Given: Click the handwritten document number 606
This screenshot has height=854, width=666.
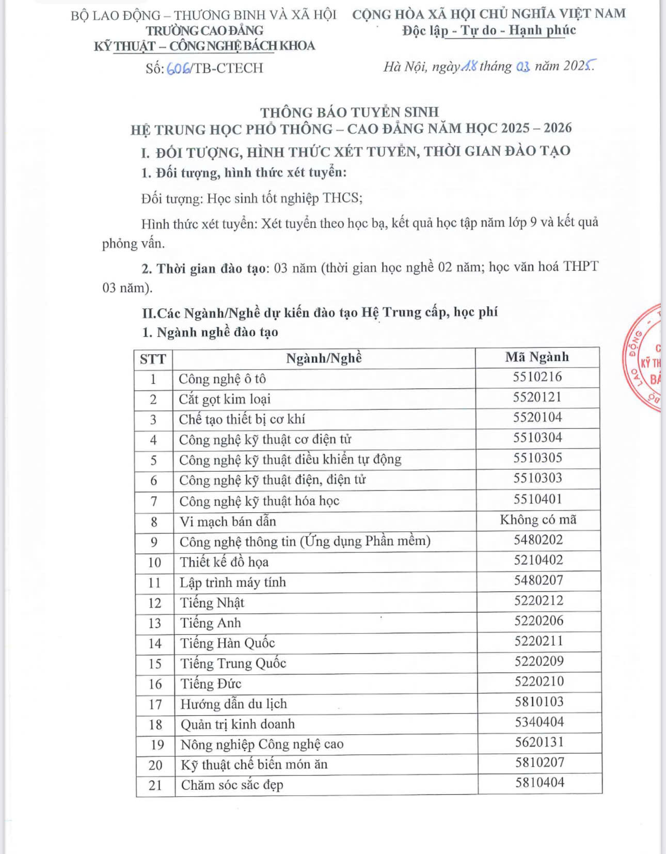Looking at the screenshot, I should click(x=178, y=69).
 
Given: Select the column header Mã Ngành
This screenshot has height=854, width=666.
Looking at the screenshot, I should click(x=537, y=357).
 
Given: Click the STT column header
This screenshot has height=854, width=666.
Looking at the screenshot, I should click(x=153, y=359).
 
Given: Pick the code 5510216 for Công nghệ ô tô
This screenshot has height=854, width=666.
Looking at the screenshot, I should click(x=537, y=377).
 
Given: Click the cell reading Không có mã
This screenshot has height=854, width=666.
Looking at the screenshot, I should click(x=538, y=520).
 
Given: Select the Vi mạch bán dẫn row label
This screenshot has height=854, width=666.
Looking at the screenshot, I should click(x=228, y=521).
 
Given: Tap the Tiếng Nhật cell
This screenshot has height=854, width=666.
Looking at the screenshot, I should click(x=212, y=603).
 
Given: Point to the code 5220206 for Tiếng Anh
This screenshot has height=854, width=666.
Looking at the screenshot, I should click(x=538, y=621).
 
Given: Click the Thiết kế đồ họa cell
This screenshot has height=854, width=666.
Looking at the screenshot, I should click(x=224, y=562).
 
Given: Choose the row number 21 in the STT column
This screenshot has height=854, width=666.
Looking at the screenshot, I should click(x=155, y=785).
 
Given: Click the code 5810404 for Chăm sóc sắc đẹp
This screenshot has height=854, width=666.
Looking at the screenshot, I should click(x=540, y=783).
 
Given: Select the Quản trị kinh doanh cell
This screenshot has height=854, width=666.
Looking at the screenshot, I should click(x=237, y=724).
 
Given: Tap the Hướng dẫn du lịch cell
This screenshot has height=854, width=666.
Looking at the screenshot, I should click(x=233, y=704).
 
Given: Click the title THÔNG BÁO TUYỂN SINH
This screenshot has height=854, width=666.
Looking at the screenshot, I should click(x=350, y=112).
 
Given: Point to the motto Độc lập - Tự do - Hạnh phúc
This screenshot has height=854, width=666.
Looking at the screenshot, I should click(x=489, y=30).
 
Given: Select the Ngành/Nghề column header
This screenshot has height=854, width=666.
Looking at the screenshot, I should click(x=324, y=358).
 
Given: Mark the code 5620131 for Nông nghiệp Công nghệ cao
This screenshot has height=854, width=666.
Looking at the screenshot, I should click(x=540, y=742).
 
